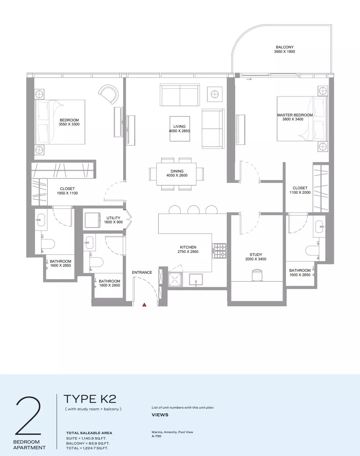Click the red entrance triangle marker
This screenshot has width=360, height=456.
(144, 305)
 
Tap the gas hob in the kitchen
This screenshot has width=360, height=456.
(219, 251)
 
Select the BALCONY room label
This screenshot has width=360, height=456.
(285, 47)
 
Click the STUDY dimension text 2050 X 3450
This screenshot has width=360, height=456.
(256, 259)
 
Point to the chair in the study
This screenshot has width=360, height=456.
(257, 275)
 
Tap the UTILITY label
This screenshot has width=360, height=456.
(113, 218)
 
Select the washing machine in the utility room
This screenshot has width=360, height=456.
(93, 220)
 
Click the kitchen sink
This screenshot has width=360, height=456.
(196, 280)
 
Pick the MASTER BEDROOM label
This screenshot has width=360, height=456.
(295, 115)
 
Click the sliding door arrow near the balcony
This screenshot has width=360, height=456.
(249, 79)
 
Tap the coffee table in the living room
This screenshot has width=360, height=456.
(180, 128)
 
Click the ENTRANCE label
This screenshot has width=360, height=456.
(142, 272)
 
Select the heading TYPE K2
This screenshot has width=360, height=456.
(90, 399)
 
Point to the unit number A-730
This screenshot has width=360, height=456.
(156, 436)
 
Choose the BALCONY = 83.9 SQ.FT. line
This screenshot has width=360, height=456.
(88, 443)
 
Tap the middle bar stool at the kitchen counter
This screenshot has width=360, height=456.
(193, 210)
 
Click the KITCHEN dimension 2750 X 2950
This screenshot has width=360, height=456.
(188, 252)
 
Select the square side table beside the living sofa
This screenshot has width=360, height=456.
(215, 94)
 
